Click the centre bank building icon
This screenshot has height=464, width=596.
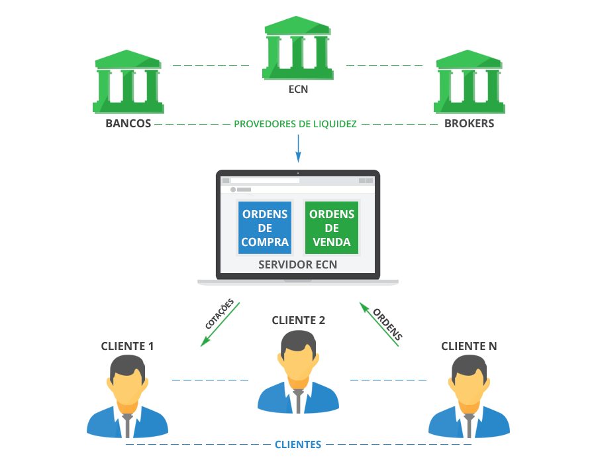pyautogui.click(x=297, y=48)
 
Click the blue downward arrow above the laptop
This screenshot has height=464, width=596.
pyautogui.click(x=298, y=149)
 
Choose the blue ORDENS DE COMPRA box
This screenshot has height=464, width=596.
pyautogui.click(x=265, y=227)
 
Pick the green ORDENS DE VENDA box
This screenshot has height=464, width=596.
pyautogui.click(x=332, y=227)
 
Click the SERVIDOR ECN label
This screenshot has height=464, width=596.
pyautogui.click(x=297, y=264)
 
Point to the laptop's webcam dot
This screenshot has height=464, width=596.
pyautogui.click(x=298, y=173)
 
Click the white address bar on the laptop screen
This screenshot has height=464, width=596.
pyautogui.click(x=265, y=180)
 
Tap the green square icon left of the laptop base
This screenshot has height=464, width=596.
pyautogui.click(x=217, y=323)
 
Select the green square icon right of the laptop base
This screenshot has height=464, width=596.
pyautogui.click(x=380, y=323)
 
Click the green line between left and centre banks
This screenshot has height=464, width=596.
pyautogui.click(x=211, y=66)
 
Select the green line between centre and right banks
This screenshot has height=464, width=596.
pyautogui.click(x=384, y=66)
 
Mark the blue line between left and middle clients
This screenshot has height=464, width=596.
pyautogui.click(x=210, y=380)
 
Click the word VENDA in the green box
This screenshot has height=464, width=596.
pyautogui.click(x=332, y=242)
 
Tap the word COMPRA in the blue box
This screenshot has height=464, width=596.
pyautogui.click(x=265, y=242)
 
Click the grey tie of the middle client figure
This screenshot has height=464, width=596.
pyautogui.click(x=298, y=400)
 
